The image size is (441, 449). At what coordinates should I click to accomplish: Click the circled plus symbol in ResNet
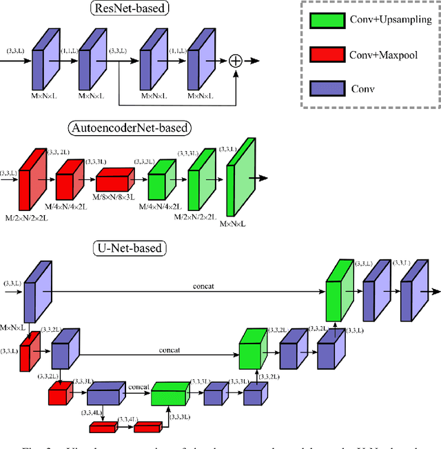236,61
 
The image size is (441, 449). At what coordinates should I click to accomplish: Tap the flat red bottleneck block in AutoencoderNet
116,181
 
